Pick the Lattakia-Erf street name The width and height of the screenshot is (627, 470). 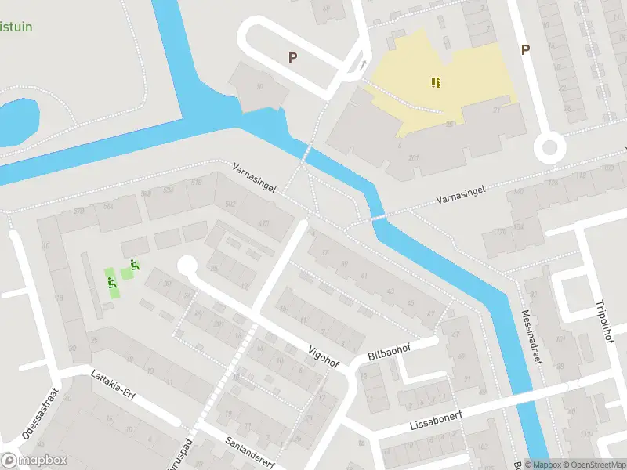[113, 384]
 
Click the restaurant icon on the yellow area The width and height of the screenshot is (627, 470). [436, 81]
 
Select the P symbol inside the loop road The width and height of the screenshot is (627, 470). [293, 57]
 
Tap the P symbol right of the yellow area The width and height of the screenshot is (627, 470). [526, 50]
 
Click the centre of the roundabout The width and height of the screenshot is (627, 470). [549, 147]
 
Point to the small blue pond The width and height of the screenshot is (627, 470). [17, 121]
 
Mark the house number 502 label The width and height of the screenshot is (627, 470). [230, 204]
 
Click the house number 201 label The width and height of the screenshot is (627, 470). [412, 157]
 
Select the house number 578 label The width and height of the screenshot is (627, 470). [78, 211]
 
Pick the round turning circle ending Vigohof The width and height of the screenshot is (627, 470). [187, 266]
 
